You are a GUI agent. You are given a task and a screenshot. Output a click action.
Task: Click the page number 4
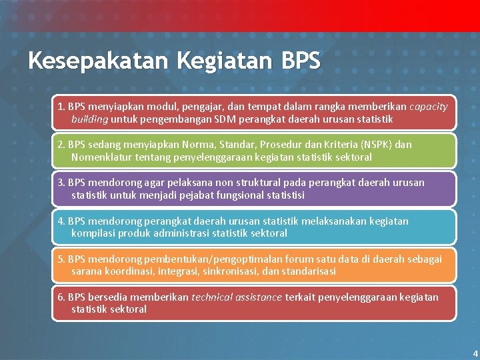(x=475, y=353)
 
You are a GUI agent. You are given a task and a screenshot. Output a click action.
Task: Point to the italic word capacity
(x=428, y=107)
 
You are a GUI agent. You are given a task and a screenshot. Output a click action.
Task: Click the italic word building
(x=89, y=119)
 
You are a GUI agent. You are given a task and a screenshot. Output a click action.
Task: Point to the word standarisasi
(x=307, y=271)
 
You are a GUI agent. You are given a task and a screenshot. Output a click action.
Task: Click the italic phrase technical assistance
(x=237, y=297)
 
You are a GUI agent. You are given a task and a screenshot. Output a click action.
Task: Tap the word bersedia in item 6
(x=109, y=297)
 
